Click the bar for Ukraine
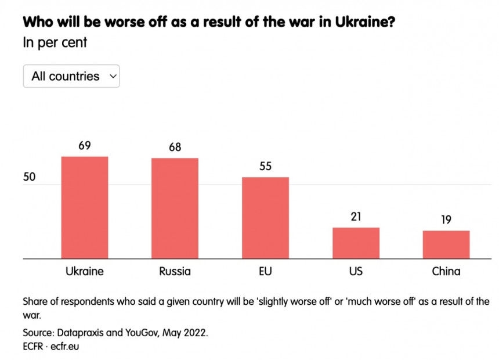(x=85, y=207)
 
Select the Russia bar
(x=175, y=208)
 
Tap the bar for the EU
(x=265, y=218)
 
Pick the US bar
(x=356, y=243)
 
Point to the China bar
(x=446, y=244)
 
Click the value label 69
(x=85, y=145)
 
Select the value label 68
(x=175, y=147)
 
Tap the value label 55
(x=265, y=166)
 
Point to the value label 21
(x=356, y=217)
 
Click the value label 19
(x=446, y=219)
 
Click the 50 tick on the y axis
(x=30, y=177)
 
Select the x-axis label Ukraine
(x=85, y=271)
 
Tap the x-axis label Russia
(x=175, y=271)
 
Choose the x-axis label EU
(x=265, y=271)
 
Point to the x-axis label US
(x=356, y=271)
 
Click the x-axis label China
(x=446, y=271)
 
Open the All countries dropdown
(x=71, y=76)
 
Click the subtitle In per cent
(x=55, y=42)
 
